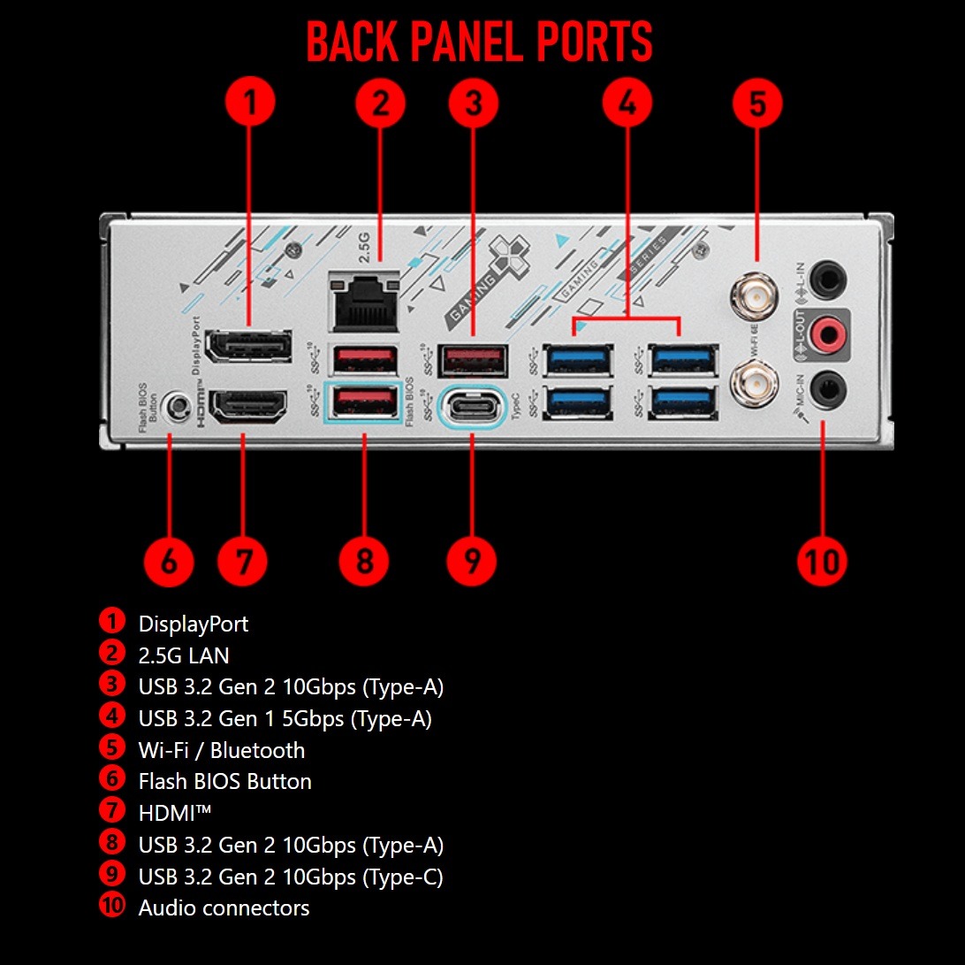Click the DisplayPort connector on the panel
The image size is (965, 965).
click(x=248, y=346)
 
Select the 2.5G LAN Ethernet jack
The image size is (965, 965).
click(x=363, y=301)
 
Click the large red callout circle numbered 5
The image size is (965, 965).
click(x=757, y=103)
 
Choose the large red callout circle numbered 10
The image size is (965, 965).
click(x=821, y=560)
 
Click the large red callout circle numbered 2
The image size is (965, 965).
click(x=380, y=103)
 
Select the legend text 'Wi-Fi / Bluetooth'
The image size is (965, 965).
click(x=221, y=750)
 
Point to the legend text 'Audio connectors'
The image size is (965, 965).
click(x=224, y=908)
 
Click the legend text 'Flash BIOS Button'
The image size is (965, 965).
click(x=224, y=781)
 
